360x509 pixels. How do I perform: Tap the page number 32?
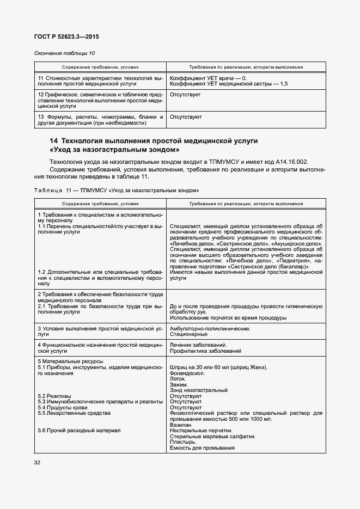pyautogui.click(x=38, y=463)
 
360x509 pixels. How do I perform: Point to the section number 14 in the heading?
pyautogui.click(x=54, y=141)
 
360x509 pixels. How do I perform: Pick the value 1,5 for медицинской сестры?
pyautogui.click(x=284, y=84)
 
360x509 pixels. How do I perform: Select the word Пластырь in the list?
pyautogui.click(x=184, y=442)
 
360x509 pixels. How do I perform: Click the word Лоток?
pyautogui.click(x=178, y=379)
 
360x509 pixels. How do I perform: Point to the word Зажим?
pyautogui.click(x=180, y=385)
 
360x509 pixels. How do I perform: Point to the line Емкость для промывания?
pyautogui.click(x=202, y=447)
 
